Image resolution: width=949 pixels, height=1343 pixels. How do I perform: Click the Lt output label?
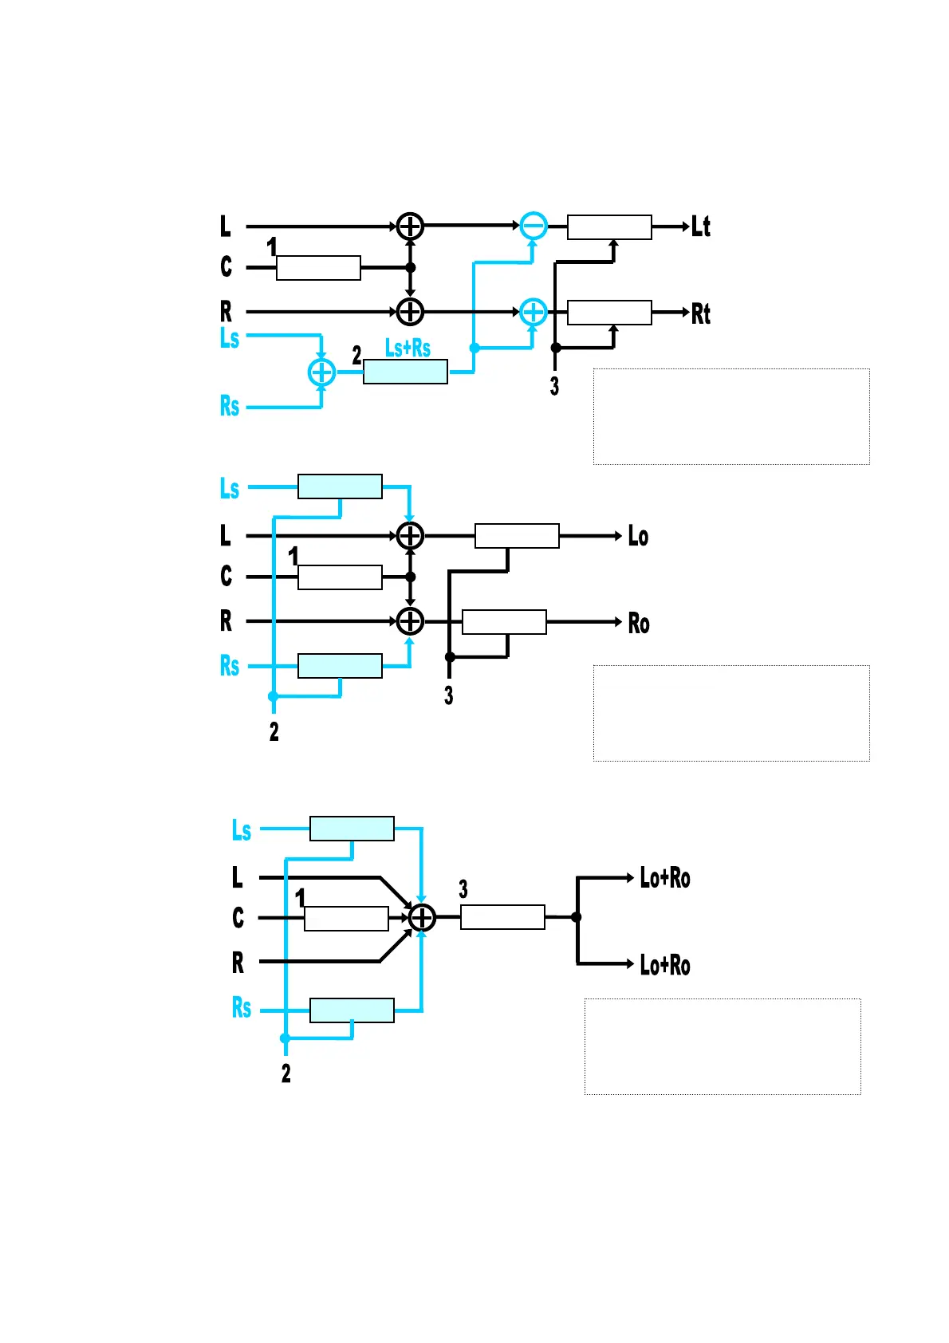(700, 226)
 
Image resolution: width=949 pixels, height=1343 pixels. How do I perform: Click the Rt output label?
(700, 313)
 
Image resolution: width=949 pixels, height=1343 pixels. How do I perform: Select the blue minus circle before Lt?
(534, 226)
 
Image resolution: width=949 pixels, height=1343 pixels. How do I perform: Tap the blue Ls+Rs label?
(408, 348)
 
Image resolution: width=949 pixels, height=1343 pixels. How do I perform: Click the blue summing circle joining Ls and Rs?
(321, 372)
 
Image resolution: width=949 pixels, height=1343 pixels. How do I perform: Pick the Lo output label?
(638, 536)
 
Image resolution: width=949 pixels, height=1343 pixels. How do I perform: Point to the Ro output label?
(638, 623)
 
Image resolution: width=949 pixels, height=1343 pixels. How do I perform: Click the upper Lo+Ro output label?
(665, 878)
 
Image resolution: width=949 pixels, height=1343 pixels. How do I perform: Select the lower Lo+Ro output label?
(665, 965)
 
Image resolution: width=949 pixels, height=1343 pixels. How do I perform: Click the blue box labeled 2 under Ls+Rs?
(405, 372)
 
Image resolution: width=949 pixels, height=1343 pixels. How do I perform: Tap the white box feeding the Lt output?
(609, 227)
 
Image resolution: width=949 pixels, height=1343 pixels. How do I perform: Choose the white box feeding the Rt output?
(609, 313)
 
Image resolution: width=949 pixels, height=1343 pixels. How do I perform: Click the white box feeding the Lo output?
(517, 536)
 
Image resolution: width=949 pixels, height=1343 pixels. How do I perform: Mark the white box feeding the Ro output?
(504, 622)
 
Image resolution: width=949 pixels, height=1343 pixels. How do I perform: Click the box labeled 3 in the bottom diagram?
(502, 917)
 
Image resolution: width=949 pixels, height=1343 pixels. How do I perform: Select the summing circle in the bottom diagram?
(422, 918)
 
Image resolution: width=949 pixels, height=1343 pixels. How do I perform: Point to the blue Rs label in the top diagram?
(230, 406)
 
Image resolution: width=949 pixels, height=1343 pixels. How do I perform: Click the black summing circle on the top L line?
(410, 226)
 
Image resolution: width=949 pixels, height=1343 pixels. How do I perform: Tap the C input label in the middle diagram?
(226, 576)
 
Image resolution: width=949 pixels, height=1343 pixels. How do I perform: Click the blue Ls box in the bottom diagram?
(352, 829)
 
